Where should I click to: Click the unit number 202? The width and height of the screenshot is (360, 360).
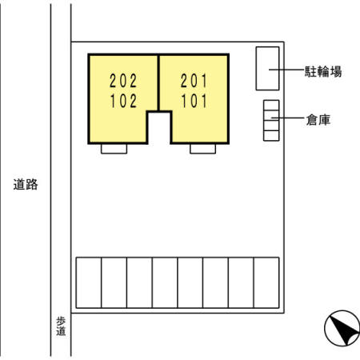(123, 81)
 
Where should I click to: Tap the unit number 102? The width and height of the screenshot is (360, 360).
(123, 101)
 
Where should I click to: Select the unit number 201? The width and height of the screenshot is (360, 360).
(194, 81)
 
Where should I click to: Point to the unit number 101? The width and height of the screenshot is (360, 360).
(194, 101)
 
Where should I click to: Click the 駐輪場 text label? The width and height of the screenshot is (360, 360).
(323, 71)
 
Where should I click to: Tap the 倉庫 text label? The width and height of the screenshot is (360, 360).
(318, 120)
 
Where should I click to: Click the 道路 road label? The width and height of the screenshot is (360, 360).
(26, 184)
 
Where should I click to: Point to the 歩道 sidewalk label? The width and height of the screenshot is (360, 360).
(61, 326)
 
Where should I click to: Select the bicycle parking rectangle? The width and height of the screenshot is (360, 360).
(267, 69)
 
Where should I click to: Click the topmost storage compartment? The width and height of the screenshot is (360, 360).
(271, 105)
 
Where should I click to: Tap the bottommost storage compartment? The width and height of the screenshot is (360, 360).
(271, 136)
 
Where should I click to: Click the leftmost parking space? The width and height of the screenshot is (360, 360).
(89, 282)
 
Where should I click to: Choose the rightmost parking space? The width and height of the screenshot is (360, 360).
(266, 282)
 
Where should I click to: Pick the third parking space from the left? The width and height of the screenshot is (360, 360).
(139, 282)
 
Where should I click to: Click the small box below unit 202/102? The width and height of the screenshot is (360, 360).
(114, 149)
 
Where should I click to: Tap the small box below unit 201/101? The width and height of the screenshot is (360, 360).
(203, 149)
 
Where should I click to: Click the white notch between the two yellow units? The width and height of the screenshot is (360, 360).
(159, 128)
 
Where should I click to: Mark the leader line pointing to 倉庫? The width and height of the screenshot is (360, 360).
(287, 118)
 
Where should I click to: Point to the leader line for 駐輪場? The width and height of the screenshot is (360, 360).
(286, 70)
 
